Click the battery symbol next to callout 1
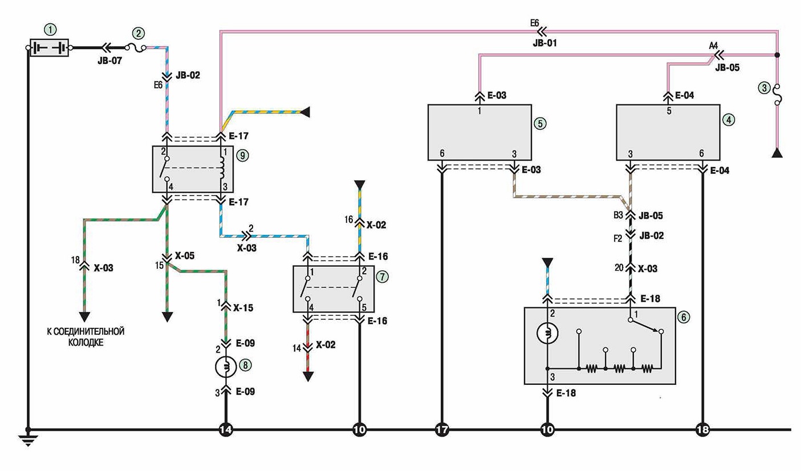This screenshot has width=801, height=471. click(49, 47)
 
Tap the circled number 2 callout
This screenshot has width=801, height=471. click(139, 33)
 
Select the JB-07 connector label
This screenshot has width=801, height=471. click(110, 61)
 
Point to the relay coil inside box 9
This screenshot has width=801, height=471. click(222, 168)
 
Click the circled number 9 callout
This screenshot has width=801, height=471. click(242, 156)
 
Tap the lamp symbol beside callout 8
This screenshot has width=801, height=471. click(226, 367)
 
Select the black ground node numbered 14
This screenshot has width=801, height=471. click(226, 429)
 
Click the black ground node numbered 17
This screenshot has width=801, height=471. click(442, 429)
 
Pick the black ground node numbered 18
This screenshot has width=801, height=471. click(703, 429)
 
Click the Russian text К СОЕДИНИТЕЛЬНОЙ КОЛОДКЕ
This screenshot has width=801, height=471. click(86, 336)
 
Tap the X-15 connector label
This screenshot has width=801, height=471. click(243, 308)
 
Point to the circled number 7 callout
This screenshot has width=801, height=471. click(383, 277)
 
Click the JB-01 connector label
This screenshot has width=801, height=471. click(544, 43)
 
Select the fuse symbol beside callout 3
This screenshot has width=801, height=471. click(777, 95)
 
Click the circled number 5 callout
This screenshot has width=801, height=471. click(540, 123)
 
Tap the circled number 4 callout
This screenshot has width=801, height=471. click(729, 119)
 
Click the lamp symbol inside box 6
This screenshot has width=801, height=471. click(547, 333)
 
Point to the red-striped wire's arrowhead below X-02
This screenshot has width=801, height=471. click(308, 376)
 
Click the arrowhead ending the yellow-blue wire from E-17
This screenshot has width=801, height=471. click(305, 112)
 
